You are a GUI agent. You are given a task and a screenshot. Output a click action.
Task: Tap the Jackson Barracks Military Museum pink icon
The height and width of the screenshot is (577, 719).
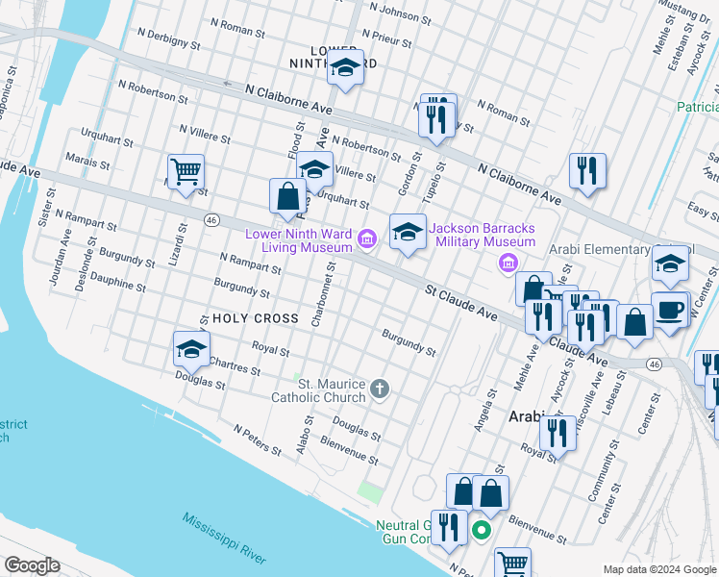tap(510, 263)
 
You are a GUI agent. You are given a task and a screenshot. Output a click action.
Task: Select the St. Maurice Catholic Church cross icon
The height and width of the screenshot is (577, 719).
tap(380, 389)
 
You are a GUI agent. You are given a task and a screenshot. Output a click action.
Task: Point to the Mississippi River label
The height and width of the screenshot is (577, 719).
tap(224, 538)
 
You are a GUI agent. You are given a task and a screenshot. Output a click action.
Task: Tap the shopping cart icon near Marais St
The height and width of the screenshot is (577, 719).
tap(186, 172)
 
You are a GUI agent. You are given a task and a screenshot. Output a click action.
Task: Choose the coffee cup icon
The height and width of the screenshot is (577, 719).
tap(670, 310)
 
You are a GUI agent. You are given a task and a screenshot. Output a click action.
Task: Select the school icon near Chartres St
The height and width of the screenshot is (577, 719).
tap(191, 349)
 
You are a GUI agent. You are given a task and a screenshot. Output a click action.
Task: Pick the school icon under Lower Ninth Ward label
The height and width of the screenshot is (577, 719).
tap(344, 69)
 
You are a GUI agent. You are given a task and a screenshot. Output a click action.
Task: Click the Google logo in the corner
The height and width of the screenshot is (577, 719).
tap(32, 565)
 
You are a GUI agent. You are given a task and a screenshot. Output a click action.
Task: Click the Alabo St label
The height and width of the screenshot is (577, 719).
tap(304, 434)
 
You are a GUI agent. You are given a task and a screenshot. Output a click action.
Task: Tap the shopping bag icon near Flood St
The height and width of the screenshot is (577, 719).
tap(287, 196)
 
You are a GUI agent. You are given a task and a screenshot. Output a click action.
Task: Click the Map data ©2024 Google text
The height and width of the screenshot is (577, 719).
tap(658, 568)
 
